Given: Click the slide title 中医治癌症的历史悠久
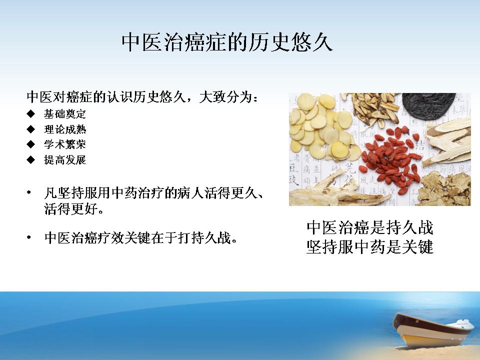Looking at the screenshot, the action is pyautogui.click(x=227, y=42).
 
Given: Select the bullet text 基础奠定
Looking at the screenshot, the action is pyautogui.click(x=65, y=114).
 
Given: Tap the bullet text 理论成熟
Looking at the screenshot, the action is pyautogui.click(x=65, y=129).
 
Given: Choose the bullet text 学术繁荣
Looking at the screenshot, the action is pyautogui.click(x=65, y=144).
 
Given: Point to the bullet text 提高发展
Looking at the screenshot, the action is pyautogui.click(x=65, y=160).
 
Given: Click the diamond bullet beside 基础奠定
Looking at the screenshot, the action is pyautogui.click(x=31, y=114).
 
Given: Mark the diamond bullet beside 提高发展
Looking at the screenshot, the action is pyautogui.click(x=31, y=160).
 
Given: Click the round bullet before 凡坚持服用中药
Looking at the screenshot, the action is pyautogui.click(x=29, y=193).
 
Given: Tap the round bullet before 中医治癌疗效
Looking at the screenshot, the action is pyautogui.click(x=29, y=237).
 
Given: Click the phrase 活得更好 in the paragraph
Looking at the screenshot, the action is pyautogui.click(x=70, y=209).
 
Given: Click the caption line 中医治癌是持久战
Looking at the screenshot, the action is pyautogui.click(x=370, y=227).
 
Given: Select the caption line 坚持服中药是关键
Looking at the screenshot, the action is pyautogui.click(x=370, y=246).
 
